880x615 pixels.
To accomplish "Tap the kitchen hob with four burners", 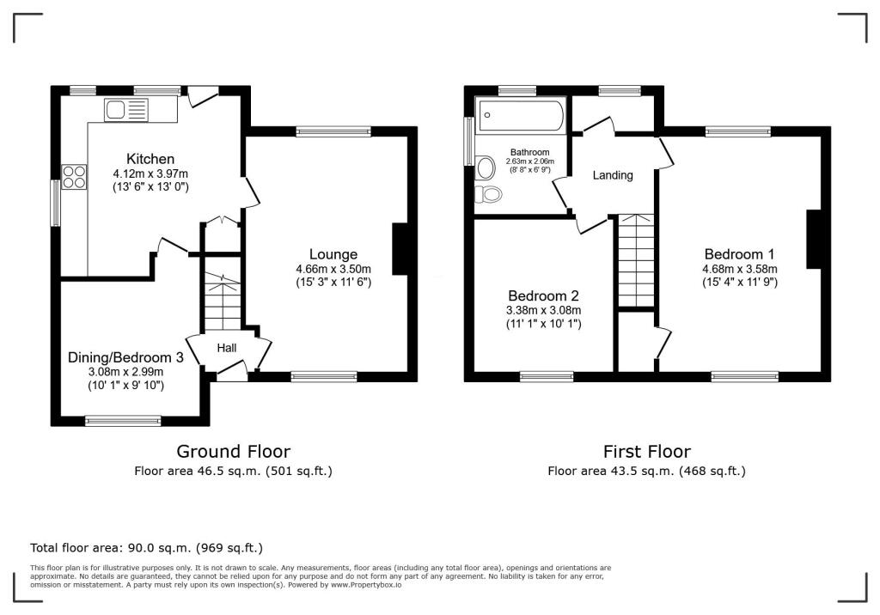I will (74, 176).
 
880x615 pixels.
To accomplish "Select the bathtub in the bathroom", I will (521, 115).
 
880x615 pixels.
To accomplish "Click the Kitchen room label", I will (150, 159).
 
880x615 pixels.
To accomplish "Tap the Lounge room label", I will (333, 254).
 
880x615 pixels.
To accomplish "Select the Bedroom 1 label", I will (739, 254).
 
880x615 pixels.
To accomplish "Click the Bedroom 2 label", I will (544, 293).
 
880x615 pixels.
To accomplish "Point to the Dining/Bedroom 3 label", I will (125, 357).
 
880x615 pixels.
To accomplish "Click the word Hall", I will (226, 347).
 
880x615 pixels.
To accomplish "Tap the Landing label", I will (613, 175).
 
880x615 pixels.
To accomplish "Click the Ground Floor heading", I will (233, 451).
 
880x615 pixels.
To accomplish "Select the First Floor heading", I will (646, 451).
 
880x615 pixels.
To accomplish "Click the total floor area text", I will (146, 547).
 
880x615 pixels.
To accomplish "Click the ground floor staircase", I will (223, 301).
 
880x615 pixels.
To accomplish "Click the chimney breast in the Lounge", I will (400, 249).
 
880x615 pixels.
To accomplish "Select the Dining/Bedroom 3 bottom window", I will (123, 420).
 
